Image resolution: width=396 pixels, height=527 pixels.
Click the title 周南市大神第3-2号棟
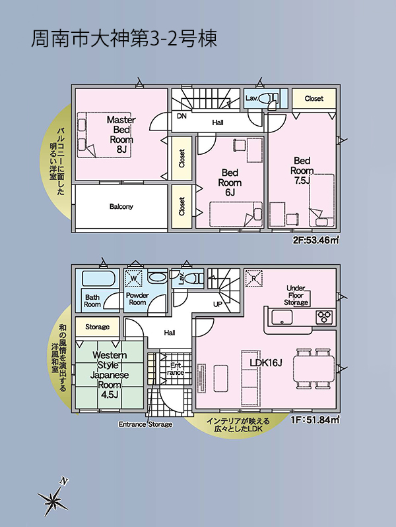(124, 38)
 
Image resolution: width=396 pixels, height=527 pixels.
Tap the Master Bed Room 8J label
(121, 134)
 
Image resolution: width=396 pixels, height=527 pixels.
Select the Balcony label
(121, 206)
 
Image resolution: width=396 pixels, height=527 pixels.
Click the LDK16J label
(265, 362)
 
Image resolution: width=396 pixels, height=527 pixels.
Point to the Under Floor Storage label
(296, 295)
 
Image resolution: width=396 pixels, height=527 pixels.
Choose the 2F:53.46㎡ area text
(315, 240)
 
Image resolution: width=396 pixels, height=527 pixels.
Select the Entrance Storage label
(145, 424)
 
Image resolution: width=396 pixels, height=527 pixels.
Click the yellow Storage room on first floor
(97, 327)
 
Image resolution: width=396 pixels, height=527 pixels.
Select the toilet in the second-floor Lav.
(267, 99)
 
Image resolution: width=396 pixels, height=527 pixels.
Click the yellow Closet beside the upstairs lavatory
(313, 99)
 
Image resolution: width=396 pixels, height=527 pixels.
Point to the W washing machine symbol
(134, 279)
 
